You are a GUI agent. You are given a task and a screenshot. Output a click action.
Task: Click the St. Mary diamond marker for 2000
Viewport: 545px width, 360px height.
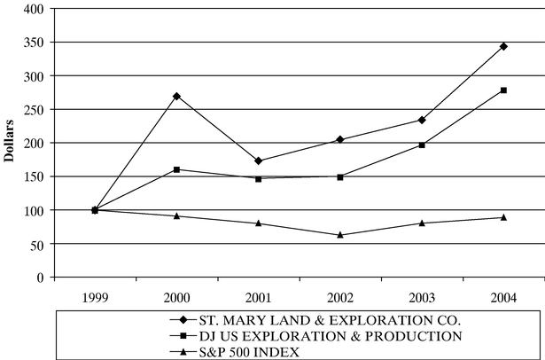point(176,96)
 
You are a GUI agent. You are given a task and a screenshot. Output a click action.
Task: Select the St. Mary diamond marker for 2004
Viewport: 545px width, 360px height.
point(503,46)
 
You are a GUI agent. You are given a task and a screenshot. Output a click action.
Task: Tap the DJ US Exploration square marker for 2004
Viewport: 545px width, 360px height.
point(503,90)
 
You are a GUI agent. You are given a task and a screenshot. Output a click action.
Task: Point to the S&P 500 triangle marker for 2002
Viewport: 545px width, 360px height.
point(340,235)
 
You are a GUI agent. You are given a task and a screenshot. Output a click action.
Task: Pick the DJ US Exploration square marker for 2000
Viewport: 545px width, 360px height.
point(176,169)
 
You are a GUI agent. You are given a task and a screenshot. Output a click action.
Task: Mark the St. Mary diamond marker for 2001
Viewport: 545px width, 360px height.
point(258,160)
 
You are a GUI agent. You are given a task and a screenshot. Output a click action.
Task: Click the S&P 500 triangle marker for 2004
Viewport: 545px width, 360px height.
point(503,217)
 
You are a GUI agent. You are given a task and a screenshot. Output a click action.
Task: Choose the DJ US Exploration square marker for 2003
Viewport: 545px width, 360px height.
point(422,145)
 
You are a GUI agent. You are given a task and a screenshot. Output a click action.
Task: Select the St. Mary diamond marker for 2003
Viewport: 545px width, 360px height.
point(422,120)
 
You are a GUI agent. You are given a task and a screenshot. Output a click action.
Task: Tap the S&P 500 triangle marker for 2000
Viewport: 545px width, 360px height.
point(176,215)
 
